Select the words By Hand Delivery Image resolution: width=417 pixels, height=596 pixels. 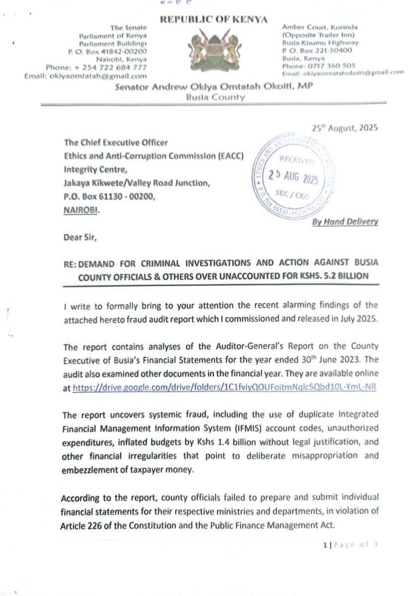click(345, 222)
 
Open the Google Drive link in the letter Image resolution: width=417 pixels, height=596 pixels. click(224, 388)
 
